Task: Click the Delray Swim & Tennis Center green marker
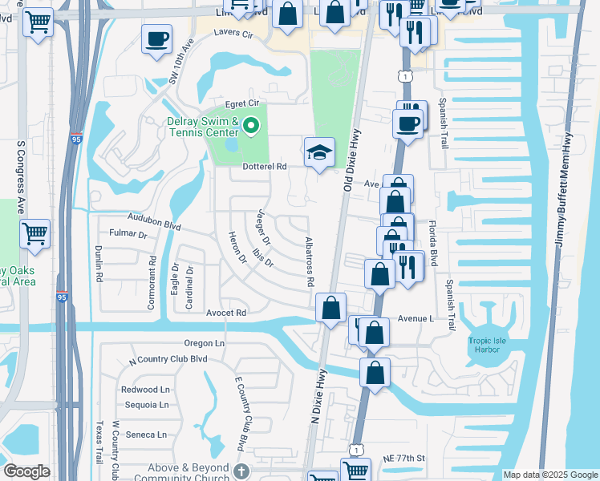point(251,126)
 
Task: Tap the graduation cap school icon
point(318,152)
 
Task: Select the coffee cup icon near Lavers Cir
point(156,38)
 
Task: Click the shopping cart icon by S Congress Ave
point(35,234)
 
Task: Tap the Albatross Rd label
point(309,262)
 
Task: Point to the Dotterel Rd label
point(264,167)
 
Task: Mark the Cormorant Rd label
point(152,272)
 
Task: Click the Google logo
point(27,471)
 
